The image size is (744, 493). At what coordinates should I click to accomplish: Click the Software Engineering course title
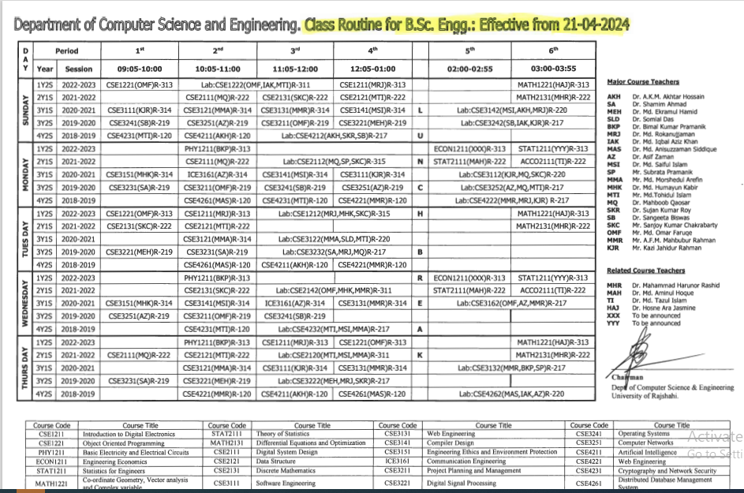tap(280, 483)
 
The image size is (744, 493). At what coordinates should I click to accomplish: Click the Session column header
tap(79, 69)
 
